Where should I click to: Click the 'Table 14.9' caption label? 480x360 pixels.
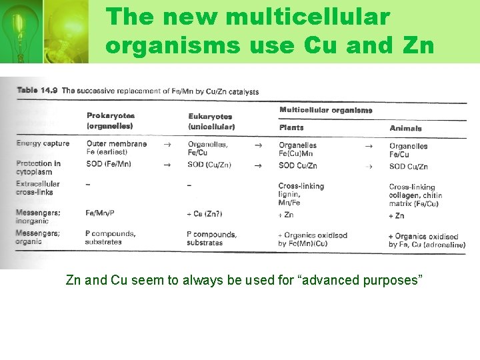(37, 90)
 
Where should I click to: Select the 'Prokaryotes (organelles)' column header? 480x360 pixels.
(110, 121)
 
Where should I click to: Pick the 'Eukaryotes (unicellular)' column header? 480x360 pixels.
(211, 121)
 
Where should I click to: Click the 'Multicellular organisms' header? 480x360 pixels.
(325, 110)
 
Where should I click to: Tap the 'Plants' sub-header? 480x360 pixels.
(291, 127)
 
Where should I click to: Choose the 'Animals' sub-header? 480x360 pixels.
(405, 128)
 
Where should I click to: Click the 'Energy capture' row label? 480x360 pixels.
(43, 143)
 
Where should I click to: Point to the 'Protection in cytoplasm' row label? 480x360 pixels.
(38, 167)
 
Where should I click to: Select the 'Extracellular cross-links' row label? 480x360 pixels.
(38, 188)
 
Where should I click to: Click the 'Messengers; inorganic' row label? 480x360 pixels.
(38, 217)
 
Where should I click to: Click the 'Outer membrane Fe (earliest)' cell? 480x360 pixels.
(116, 148)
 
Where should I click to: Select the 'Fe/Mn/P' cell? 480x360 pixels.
(100, 213)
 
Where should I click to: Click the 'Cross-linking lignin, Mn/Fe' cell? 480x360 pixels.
(301, 194)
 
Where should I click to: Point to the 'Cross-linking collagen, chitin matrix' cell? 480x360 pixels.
(415, 195)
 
